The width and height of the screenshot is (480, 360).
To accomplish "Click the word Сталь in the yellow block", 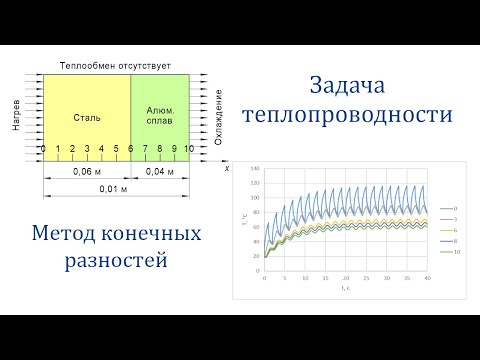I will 87,117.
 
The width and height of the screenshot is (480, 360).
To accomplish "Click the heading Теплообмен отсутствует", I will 115,64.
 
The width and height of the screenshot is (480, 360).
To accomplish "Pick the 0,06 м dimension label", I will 87,171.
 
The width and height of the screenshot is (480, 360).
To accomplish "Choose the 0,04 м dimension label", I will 159,171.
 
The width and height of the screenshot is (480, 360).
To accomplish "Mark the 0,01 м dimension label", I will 115,189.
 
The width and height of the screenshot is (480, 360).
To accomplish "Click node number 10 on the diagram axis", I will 188,149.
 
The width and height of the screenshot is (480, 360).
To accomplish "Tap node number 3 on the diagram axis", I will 87,149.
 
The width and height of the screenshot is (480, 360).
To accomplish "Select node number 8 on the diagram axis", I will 159,149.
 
